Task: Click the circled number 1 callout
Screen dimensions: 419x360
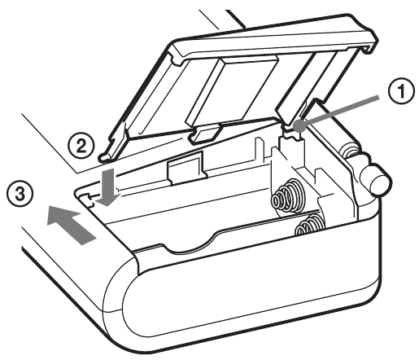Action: click(x=401, y=90)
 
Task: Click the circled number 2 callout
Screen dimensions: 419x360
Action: click(x=81, y=147)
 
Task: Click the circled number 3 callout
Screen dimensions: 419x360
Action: click(x=20, y=195)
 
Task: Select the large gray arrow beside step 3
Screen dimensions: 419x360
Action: click(x=71, y=224)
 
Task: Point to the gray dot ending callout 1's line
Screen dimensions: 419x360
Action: click(x=299, y=125)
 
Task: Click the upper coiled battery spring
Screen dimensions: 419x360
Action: click(x=286, y=195)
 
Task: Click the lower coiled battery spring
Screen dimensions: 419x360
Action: click(x=309, y=225)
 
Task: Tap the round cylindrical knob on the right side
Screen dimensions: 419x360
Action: click(x=375, y=179)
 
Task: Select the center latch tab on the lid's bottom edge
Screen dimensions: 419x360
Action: click(x=206, y=134)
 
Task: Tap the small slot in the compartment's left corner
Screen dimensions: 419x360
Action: click(x=87, y=199)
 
